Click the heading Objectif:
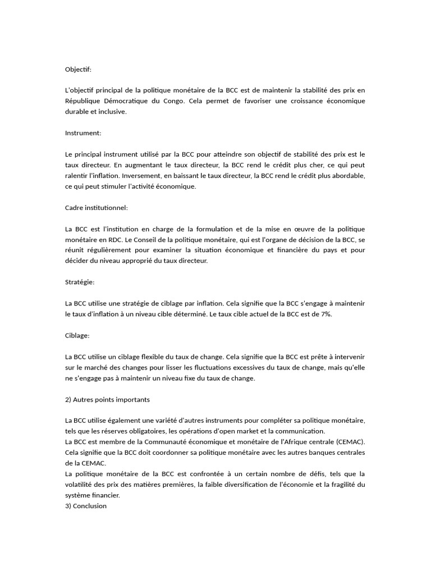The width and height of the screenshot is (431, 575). [x=78, y=69]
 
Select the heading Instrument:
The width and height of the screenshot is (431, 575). [x=83, y=133]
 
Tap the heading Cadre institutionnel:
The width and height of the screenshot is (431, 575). [x=97, y=208]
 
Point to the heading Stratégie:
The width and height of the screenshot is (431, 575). [x=80, y=282]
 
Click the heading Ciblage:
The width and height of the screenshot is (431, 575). [x=77, y=335]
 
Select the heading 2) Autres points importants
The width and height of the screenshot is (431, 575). [x=107, y=399]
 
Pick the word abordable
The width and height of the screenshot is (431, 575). [x=346, y=176]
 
